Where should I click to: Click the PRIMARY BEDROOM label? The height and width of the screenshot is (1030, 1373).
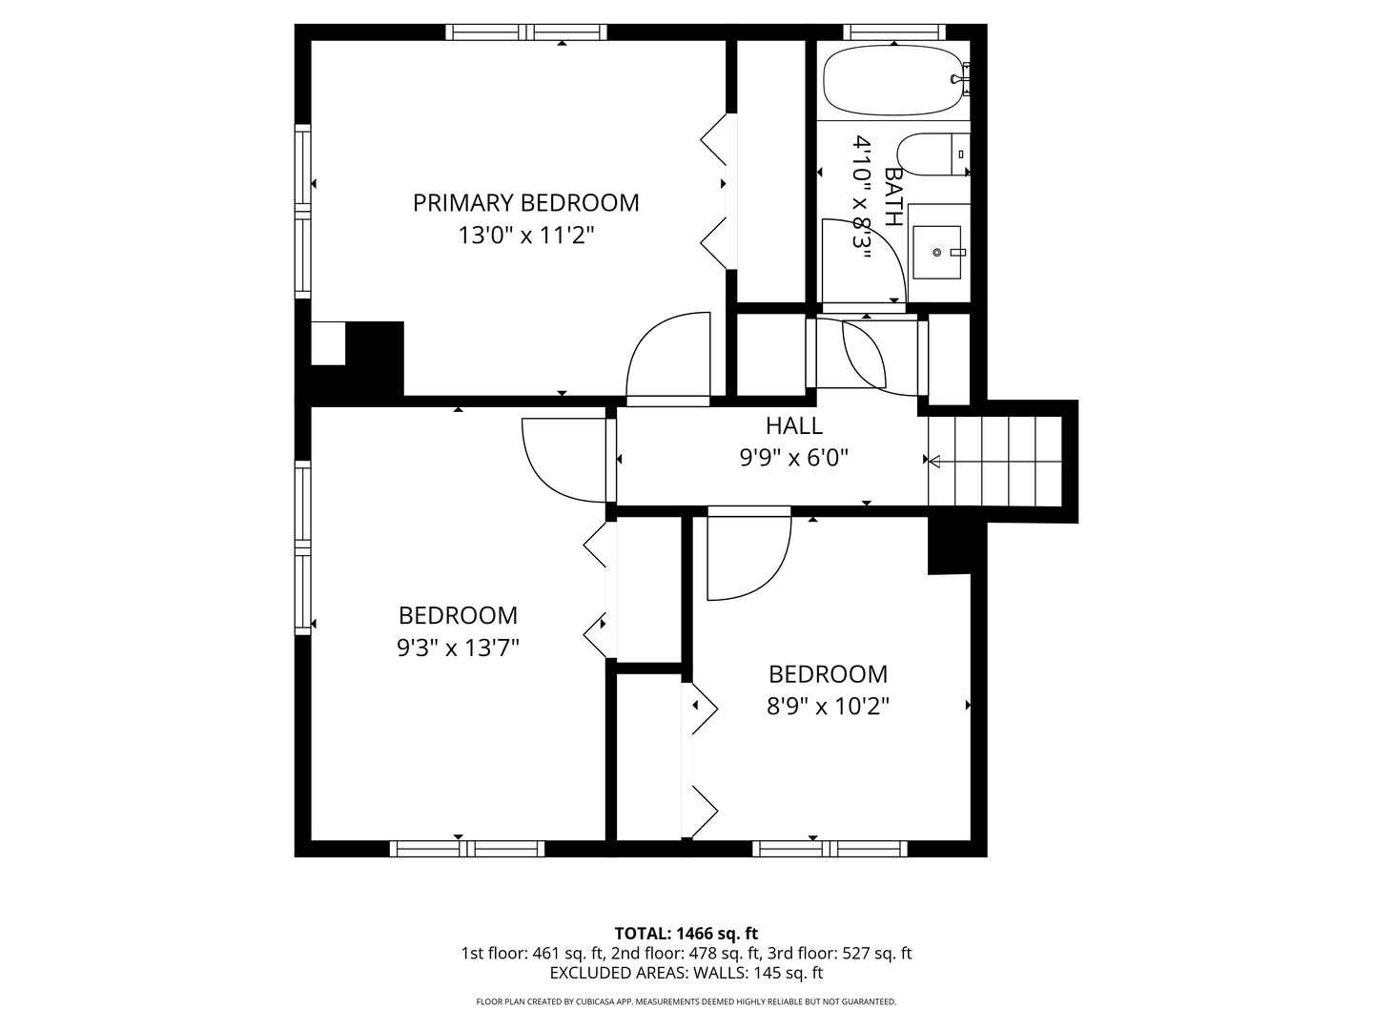click(525, 202)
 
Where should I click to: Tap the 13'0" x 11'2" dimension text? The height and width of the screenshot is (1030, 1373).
click(525, 236)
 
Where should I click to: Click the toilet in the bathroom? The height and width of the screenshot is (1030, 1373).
click(932, 154)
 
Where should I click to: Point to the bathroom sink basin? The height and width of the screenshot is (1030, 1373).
click(936, 252)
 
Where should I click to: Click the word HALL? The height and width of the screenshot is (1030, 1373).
click(794, 426)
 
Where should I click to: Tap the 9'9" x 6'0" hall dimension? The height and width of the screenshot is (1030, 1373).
click(794, 459)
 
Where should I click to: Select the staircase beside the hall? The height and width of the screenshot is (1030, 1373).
click(994, 461)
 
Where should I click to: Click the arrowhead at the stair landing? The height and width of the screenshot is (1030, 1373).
click(933, 463)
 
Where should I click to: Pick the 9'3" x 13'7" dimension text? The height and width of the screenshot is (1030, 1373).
click(458, 648)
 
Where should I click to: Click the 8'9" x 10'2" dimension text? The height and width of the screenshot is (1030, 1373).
click(828, 707)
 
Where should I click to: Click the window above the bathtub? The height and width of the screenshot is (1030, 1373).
click(893, 31)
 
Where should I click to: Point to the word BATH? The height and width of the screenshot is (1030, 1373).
click(893, 196)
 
